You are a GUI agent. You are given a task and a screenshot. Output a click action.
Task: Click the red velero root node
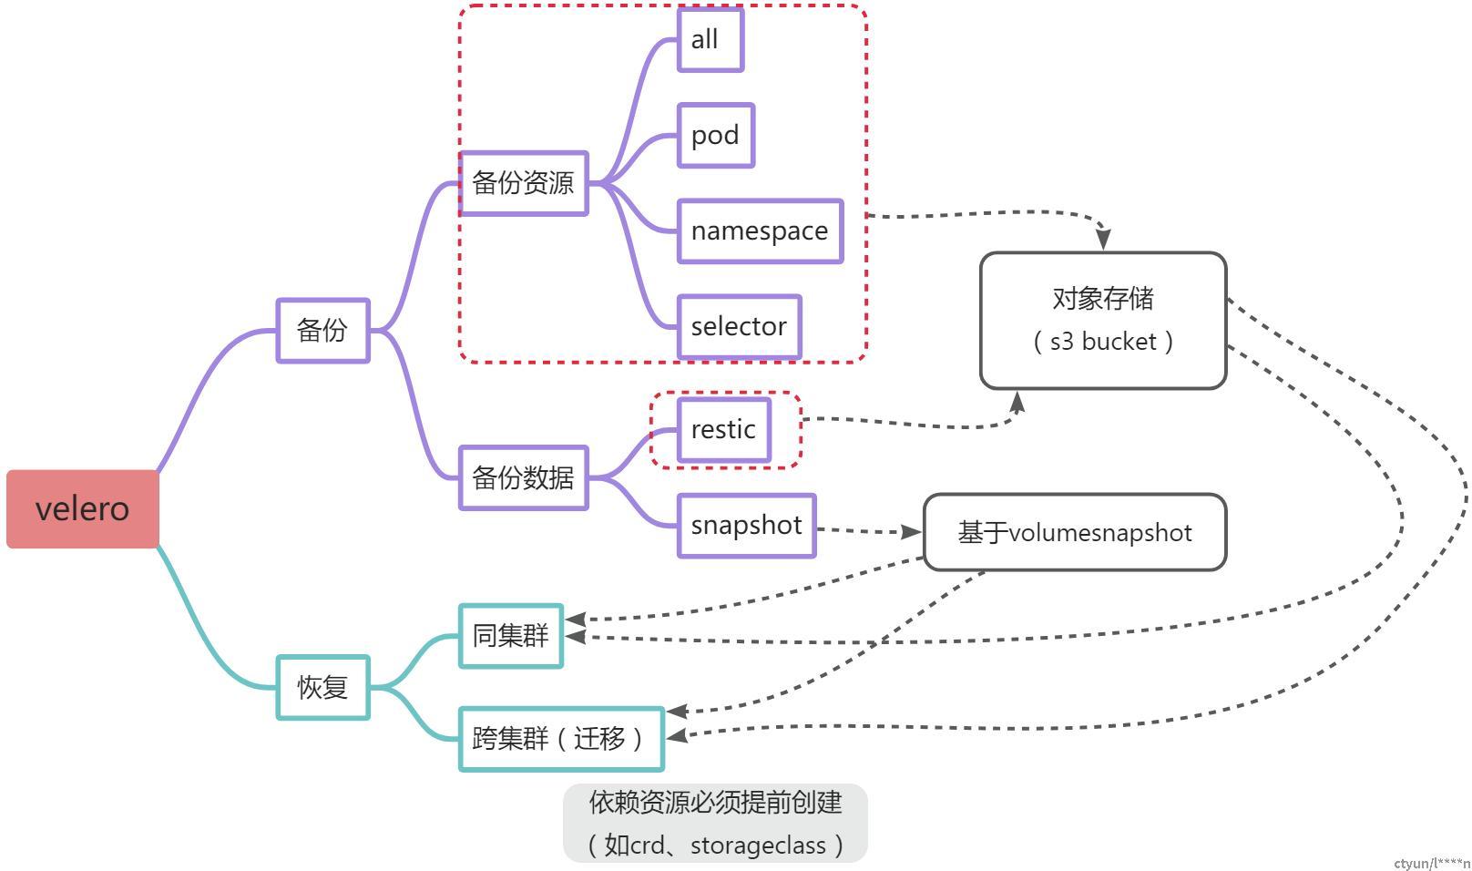[x=83, y=508]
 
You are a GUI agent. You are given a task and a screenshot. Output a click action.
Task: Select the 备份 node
[x=322, y=330]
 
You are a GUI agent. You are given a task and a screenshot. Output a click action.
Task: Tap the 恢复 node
[x=322, y=687]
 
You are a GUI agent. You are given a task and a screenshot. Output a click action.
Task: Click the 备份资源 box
[x=523, y=183]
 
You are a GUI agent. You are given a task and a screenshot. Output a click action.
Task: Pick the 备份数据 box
[x=523, y=477]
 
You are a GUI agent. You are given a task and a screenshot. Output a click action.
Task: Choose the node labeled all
[x=710, y=39]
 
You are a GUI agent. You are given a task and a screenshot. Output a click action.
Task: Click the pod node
[x=715, y=135]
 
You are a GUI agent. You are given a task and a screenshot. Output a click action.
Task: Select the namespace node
[x=760, y=231]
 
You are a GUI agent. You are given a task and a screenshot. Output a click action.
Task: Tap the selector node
[x=739, y=326]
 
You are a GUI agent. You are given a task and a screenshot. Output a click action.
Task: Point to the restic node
[x=724, y=429]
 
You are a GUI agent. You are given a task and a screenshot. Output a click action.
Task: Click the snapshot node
[x=746, y=526]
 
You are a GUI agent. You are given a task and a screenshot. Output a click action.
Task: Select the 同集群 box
[x=510, y=635]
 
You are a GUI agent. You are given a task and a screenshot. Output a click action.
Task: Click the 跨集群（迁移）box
[x=560, y=738]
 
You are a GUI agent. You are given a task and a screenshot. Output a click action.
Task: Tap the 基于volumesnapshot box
[x=1075, y=532]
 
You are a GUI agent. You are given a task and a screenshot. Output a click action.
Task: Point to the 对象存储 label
[x=1102, y=298]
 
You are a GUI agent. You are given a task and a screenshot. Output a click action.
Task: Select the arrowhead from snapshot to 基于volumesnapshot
[x=911, y=531]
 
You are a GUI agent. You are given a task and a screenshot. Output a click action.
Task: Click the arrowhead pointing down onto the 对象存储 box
[x=1103, y=239]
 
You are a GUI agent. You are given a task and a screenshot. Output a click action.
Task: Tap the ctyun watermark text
[x=1431, y=863]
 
